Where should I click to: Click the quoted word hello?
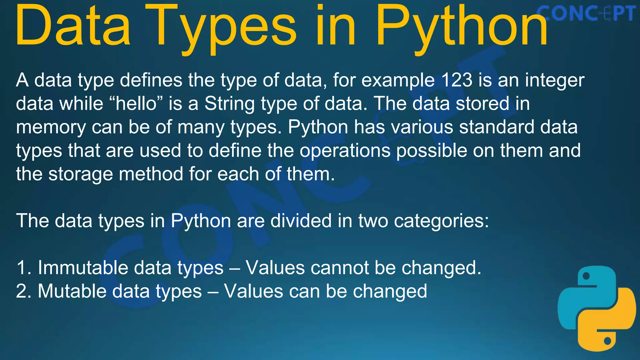136,103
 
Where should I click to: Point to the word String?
229,103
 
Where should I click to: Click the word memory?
50,127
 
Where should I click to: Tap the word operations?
345,151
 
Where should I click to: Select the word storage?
81,174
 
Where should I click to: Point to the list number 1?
22,268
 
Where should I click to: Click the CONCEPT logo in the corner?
586,14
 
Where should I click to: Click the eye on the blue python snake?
586,276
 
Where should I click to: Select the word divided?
301,221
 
